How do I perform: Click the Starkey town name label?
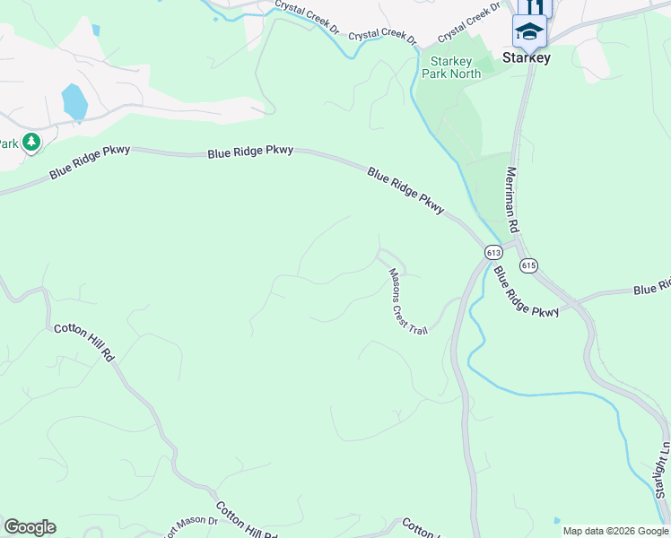pyautogui.click(x=527, y=57)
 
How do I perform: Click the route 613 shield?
pyautogui.click(x=493, y=252)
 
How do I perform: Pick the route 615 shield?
pyautogui.click(x=528, y=265)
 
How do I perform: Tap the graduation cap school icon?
pyautogui.click(x=529, y=32)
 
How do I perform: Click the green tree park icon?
pyautogui.click(x=31, y=143)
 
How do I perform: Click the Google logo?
pyautogui.click(x=30, y=527)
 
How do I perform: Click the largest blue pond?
pyautogui.click(x=74, y=102)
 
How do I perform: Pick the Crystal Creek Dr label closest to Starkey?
pyautogui.click(x=467, y=24)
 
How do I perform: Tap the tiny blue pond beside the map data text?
pyautogui.click(x=557, y=520)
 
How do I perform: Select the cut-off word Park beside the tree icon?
pyautogui.click(x=9, y=143)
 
